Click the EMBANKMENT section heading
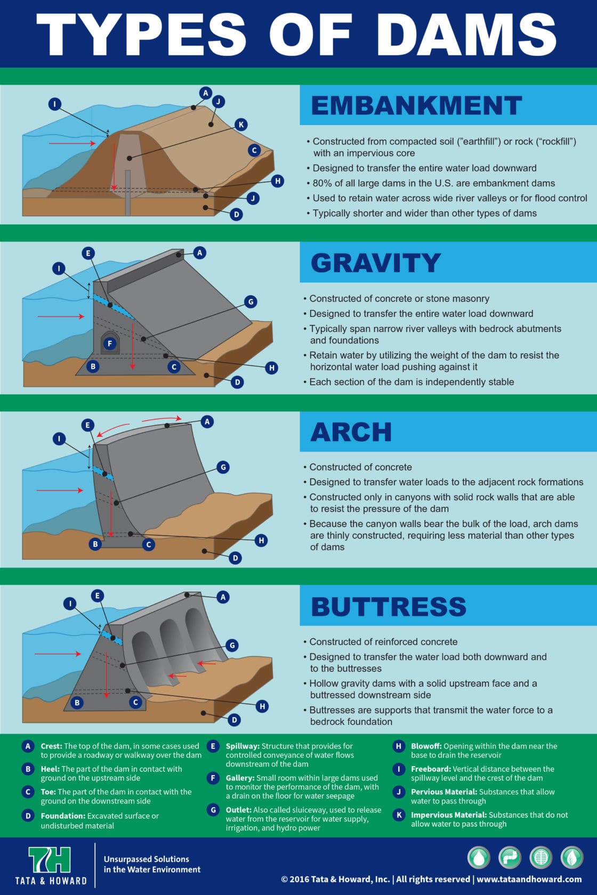tap(416, 105)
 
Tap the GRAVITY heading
tap(375, 263)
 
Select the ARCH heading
tap(351, 432)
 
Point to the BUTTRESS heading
tap(389, 606)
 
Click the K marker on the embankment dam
tap(241, 125)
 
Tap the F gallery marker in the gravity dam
tap(110, 343)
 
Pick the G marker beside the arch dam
tap(223, 467)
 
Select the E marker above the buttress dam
tap(97, 596)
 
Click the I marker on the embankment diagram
tap(55, 104)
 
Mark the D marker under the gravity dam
tap(237, 383)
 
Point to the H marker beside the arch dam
tap(261, 541)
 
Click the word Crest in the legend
tap(51, 746)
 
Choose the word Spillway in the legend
tap(243, 746)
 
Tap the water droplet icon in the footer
tap(479, 858)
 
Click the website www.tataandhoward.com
tap(529, 880)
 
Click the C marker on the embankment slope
tap(254, 150)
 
